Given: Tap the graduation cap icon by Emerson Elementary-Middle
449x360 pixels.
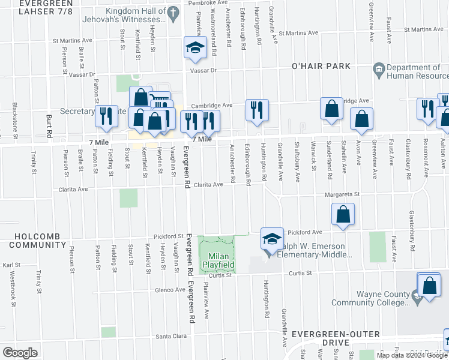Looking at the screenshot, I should (x=271, y=239).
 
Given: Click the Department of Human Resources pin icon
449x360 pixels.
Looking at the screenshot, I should (x=379, y=69).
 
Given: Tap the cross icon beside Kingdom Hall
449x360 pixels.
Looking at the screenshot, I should (x=173, y=12).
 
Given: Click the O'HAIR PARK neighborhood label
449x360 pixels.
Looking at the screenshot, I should (x=320, y=65).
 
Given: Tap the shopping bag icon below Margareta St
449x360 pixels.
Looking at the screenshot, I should (x=342, y=215).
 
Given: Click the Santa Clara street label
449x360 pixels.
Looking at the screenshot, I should (x=171, y=336).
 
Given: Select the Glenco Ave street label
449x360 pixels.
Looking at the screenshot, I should (x=170, y=290).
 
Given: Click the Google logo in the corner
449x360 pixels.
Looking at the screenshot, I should (x=19, y=353).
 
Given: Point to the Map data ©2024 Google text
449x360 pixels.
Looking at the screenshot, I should (x=411, y=355).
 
